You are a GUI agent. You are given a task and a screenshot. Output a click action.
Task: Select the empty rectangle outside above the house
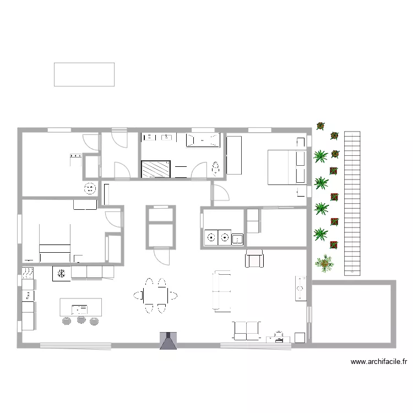click(x=84, y=74)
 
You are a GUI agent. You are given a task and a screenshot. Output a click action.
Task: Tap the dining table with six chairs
click(x=155, y=296)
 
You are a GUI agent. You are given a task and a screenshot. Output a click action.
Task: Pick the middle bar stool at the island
click(x=81, y=320)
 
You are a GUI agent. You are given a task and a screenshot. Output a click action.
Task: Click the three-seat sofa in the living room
click(x=222, y=291)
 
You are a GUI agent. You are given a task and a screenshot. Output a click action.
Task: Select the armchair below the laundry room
click(x=254, y=258)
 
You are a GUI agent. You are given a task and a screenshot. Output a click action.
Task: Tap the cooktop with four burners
click(x=28, y=272)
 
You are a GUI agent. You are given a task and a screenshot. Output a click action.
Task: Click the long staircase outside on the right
click(x=352, y=203)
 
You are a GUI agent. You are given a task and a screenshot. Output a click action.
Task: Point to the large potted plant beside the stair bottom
click(x=325, y=263)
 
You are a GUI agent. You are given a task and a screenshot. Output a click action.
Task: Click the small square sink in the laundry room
click(x=237, y=238)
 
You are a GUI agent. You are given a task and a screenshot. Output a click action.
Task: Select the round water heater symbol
click(x=90, y=189)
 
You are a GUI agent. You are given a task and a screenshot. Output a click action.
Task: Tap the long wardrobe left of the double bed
click(x=234, y=155)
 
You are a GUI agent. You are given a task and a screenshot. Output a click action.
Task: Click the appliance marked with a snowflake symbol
click(x=62, y=273)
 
